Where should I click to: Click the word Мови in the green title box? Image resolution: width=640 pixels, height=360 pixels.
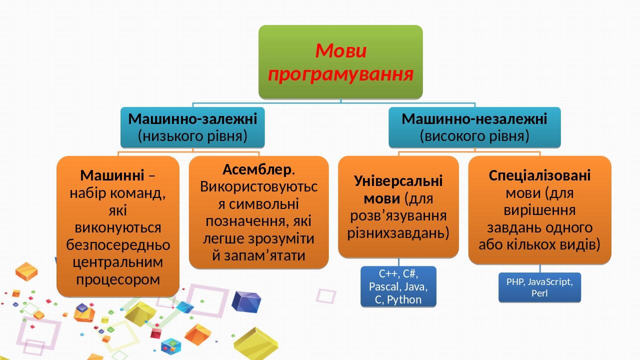(x=341, y=51)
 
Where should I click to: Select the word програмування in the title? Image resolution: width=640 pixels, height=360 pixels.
(x=341, y=74)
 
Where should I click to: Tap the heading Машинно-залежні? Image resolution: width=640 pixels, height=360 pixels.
(x=193, y=119)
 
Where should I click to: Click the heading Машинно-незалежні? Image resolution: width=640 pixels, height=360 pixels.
(x=474, y=119)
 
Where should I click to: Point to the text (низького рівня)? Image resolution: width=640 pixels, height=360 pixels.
(x=193, y=136)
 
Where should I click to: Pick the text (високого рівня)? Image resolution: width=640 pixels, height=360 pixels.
(x=474, y=136)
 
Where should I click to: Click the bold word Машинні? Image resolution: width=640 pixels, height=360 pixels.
(x=112, y=175)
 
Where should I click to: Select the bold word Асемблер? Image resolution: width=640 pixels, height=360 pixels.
(x=257, y=169)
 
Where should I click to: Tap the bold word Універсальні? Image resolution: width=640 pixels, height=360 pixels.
(x=398, y=181)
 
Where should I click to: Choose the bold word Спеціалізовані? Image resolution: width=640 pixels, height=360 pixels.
(x=539, y=175)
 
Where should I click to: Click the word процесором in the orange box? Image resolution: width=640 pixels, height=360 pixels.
(x=118, y=279)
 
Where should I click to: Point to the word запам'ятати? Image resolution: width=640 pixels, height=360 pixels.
(x=259, y=255)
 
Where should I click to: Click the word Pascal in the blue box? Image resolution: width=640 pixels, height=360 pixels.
(x=382, y=286)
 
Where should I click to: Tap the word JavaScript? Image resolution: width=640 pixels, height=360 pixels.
(x=550, y=282)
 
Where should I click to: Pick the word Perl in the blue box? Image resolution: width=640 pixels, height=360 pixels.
(x=539, y=293)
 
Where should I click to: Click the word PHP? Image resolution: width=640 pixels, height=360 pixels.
(x=515, y=282)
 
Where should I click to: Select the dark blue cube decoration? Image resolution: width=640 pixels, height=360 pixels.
(x=246, y=301)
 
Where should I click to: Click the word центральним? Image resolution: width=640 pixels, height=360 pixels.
(x=117, y=262)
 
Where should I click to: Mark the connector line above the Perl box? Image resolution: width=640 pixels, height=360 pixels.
(x=540, y=268)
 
